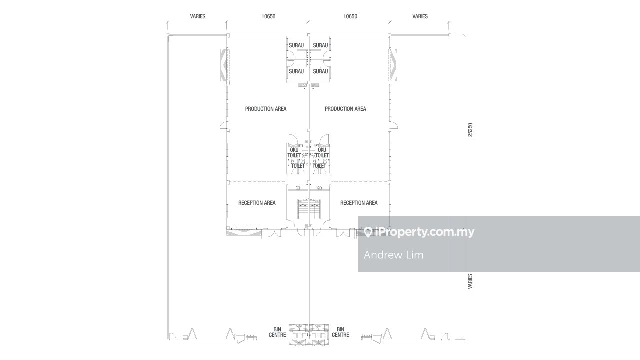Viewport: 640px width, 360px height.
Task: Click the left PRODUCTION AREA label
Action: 265,109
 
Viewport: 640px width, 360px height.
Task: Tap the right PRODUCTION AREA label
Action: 345,109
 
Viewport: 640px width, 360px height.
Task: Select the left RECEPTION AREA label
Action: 257,203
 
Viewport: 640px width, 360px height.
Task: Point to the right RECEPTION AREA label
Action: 359,203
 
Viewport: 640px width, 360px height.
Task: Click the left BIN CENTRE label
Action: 277,332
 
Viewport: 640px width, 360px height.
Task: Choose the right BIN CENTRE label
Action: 340,332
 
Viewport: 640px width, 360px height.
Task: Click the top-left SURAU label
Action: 296,45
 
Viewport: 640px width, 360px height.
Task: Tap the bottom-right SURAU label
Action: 320,71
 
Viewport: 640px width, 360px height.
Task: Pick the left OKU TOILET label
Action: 294,153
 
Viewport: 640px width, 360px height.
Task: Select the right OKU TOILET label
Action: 322,153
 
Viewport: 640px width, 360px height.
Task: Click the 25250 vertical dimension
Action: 470,130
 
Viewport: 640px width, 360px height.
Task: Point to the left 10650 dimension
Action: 268,16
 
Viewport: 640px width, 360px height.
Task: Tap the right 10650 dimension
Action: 350,16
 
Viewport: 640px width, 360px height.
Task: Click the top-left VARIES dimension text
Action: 197,16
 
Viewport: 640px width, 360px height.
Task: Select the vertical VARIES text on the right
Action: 470,281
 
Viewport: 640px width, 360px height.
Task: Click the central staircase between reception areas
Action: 309,209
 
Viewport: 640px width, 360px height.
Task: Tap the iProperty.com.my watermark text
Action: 425,232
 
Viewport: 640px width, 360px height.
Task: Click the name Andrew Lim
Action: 394,255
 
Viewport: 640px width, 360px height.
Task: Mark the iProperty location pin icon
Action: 368,232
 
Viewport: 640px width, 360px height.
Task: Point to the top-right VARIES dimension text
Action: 420,16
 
